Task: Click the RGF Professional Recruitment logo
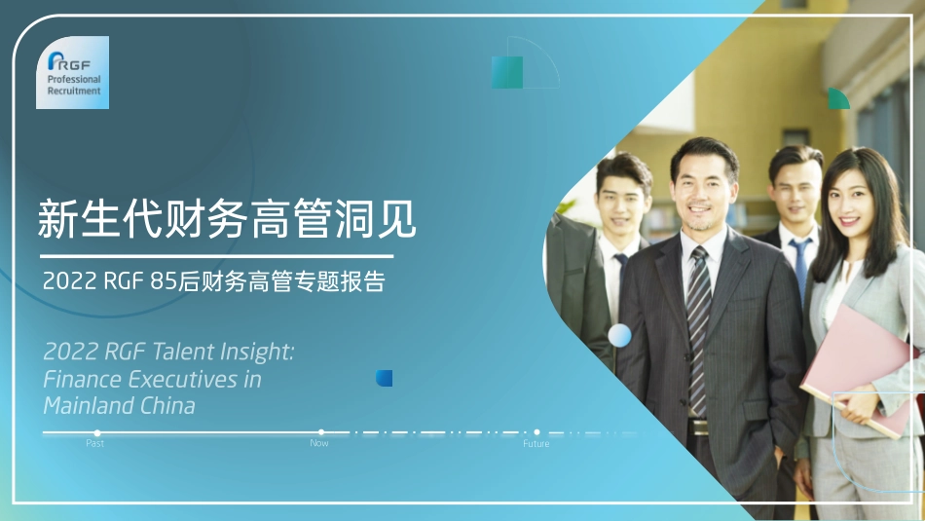pos(73,72)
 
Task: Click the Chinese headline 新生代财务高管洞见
pos(227,219)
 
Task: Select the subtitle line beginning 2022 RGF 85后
pos(214,282)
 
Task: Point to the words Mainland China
pos(119,405)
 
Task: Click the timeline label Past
pos(94,444)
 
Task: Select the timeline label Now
pos(319,444)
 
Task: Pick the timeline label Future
pos(536,444)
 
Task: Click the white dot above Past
pos(96,432)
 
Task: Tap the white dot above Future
pos(536,431)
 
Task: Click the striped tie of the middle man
pos(698,331)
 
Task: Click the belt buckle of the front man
pos(699,427)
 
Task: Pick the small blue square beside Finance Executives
pos(385,378)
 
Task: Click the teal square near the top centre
pos(507,72)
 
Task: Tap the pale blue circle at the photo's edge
pos(619,336)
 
